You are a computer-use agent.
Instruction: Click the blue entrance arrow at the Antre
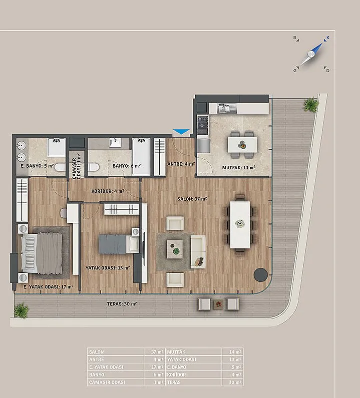point(181,132)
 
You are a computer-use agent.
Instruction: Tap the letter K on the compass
point(328,38)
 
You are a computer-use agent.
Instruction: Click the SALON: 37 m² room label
point(192,199)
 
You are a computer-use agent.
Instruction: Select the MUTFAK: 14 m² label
point(239,168)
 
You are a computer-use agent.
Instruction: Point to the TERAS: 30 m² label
point(122,304)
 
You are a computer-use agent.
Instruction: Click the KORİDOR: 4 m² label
point(108,191)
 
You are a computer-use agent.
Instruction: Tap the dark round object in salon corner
point(261,275)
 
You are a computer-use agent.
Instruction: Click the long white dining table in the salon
point(240,225)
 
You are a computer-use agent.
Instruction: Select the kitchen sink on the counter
point(227,108)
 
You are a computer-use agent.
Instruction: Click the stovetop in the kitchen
point(203,125)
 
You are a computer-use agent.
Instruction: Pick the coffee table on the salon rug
point(175,249)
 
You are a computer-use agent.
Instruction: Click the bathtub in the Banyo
point(141,157)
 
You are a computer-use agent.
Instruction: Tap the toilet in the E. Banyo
point(60,167)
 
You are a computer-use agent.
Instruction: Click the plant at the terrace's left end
point(21,310)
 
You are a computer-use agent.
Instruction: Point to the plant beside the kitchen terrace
point(311,105)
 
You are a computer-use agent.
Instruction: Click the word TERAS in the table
point(174,382)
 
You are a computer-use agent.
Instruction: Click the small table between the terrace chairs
point(218,304)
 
